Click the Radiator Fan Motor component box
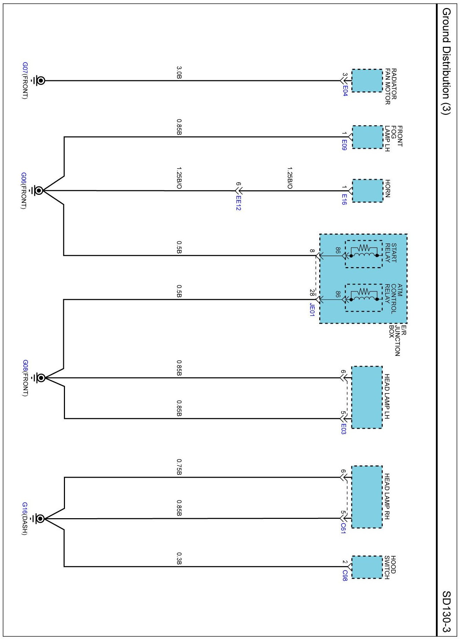coord(367,81)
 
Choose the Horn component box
coord(367,191)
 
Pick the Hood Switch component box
coord(367,567)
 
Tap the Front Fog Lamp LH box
coord(367,137)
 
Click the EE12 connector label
coord(239,203)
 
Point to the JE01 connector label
coord(312,310)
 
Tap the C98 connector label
coord(345,575)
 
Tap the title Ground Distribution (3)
coord(446,61)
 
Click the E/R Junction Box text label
coord(397,340)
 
